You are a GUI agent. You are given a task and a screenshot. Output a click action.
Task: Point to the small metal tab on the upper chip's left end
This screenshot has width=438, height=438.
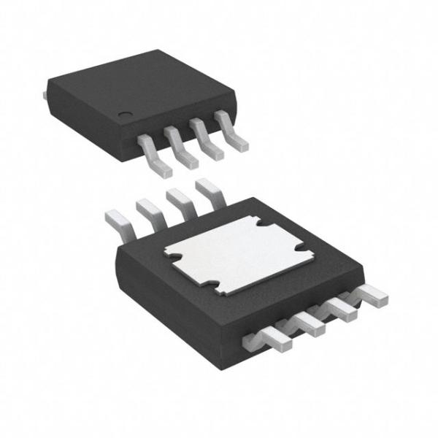[47, 93]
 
